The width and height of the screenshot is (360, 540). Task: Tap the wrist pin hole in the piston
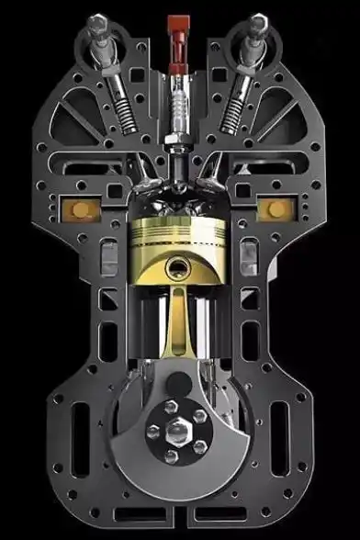(179, 268)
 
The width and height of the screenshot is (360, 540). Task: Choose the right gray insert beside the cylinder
(245, 253)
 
